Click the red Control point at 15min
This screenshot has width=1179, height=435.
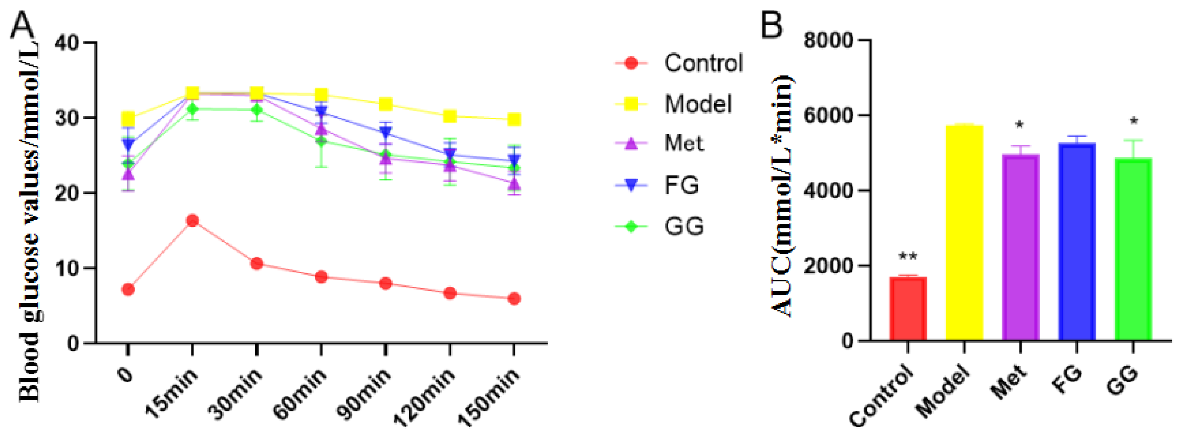pyautogui.click(x=192, y=221)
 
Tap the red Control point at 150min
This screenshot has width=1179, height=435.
pyautogui.click(x=514, y=298)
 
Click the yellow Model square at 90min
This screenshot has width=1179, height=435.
pyautogui.click(x=385, y=104)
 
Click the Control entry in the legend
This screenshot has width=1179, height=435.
pyautogui.click(x=703, y=63)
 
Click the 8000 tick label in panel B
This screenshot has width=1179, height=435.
pyautogui.click(x=828, y=40)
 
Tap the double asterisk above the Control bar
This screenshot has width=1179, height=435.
pyautogui.click(x=908, y=257)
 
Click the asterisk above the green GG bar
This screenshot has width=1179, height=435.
pyautogui.click(x=1133, y=122)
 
